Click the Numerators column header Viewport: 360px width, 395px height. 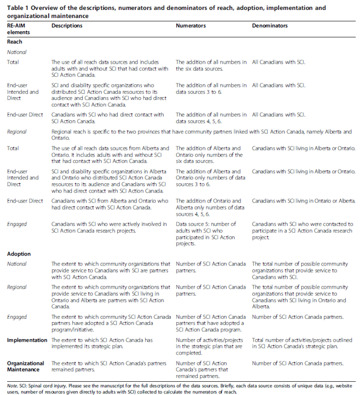190,26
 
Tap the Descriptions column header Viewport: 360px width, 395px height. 67,26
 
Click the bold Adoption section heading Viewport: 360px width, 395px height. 19,255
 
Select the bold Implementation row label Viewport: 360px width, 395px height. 27,340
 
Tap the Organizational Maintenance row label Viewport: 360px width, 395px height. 25,366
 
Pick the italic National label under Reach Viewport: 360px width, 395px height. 17,52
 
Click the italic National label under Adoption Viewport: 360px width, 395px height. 17,264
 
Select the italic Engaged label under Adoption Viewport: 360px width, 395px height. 17,317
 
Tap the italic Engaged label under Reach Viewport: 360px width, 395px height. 17,224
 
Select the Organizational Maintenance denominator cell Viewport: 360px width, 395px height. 297,363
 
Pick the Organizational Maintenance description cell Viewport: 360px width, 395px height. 110,366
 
